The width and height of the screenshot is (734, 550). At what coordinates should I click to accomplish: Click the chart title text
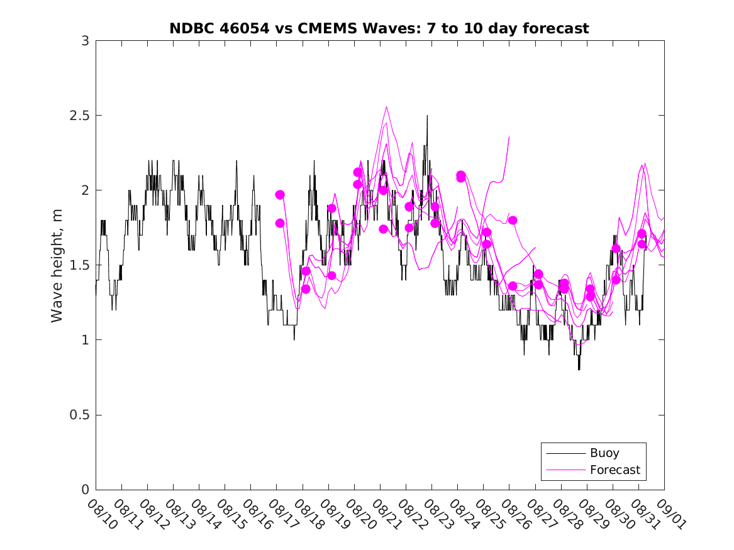click(379, 28)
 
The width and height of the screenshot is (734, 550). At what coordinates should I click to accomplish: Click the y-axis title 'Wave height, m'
click(57, 265)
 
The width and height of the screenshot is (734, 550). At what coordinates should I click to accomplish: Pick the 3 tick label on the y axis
click(84, 41)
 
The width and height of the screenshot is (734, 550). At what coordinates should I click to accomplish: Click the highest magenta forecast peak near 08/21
click(387, 106)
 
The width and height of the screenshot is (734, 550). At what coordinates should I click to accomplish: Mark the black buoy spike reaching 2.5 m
click(427, 116)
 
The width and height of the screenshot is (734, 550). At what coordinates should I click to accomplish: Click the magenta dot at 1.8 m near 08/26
click(513, 220)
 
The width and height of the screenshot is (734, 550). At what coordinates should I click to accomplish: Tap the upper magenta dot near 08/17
click(280, 195)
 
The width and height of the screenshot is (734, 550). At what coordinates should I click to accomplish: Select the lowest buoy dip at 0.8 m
click(579, 369)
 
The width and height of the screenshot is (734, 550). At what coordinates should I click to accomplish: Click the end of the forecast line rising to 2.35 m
click(509, 137)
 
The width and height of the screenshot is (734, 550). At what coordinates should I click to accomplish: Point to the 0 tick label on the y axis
click(84, 490)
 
